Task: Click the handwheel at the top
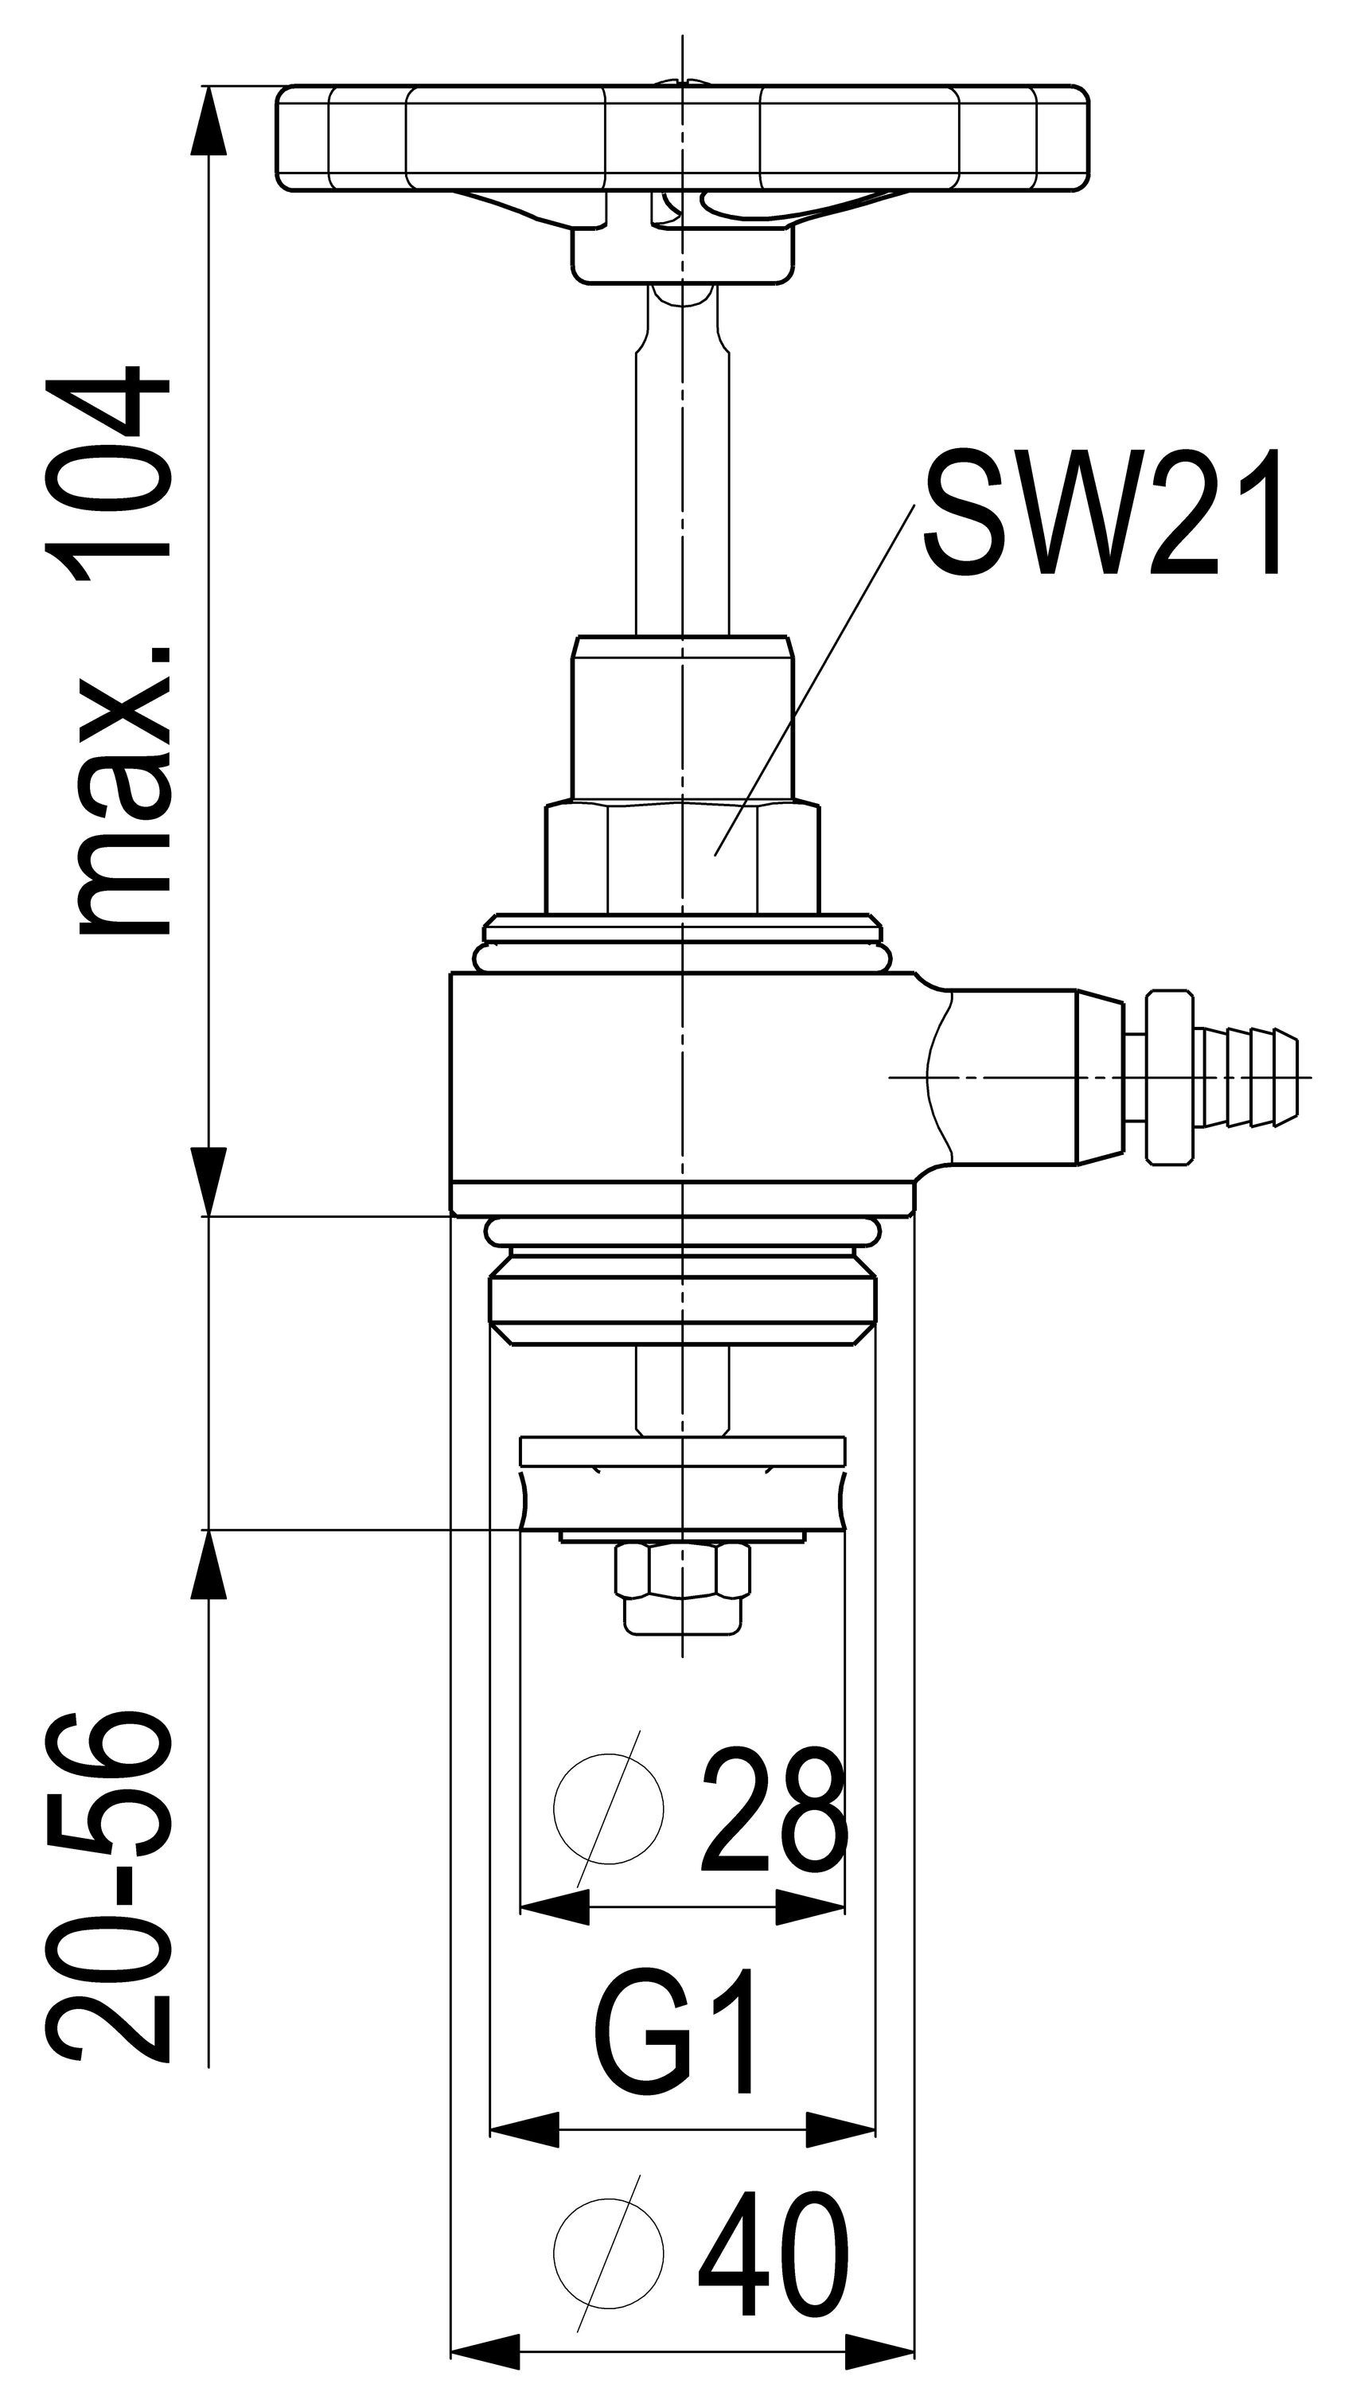click(x=684, y=139)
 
